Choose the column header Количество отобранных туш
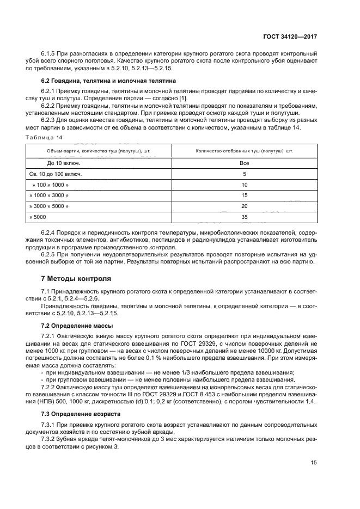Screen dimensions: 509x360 pyautogui.click(x=243, y=150)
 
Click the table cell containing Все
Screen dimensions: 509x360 pyautogui.click(x=243, y=162)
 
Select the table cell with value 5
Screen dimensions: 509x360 pyautogui.click(x=243, y=174)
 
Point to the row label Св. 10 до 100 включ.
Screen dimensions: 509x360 pyautogui.click(x=55, y=174)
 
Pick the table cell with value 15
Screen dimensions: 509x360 pyautogui.click(x=243, y=195)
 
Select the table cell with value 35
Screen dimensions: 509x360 pyautogui.click(x=243, y=217)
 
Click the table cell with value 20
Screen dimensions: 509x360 pyautogui.click(x=243, y=206)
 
